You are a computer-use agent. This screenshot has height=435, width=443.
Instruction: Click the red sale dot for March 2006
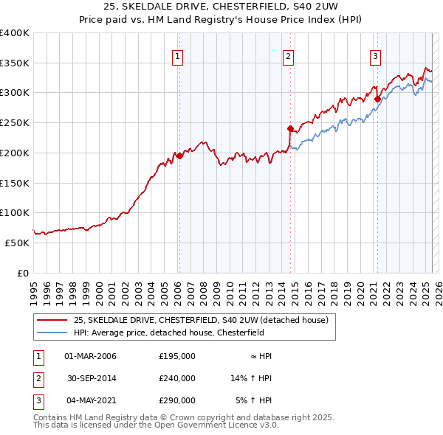click(x=179, y=156)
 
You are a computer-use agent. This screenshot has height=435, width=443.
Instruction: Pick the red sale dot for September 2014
click(x=291, y=128)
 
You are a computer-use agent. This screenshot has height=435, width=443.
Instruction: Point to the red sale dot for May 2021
click(x=377, y=99)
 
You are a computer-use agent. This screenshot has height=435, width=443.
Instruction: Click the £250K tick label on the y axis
click(x=14, y=123)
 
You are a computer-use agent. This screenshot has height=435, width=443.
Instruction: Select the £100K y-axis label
click(x=14, y=212)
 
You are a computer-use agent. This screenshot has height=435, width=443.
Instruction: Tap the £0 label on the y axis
click(x=21, y=272)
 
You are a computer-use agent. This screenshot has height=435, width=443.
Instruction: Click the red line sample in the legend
click(x=52, y=319)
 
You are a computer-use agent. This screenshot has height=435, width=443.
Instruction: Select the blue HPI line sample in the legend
click(x=52, y=333)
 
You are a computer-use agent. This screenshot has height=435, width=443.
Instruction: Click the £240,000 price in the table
click(x=177, y=378)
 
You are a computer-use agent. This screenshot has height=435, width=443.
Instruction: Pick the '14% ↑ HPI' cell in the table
click(x=252, y=378)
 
